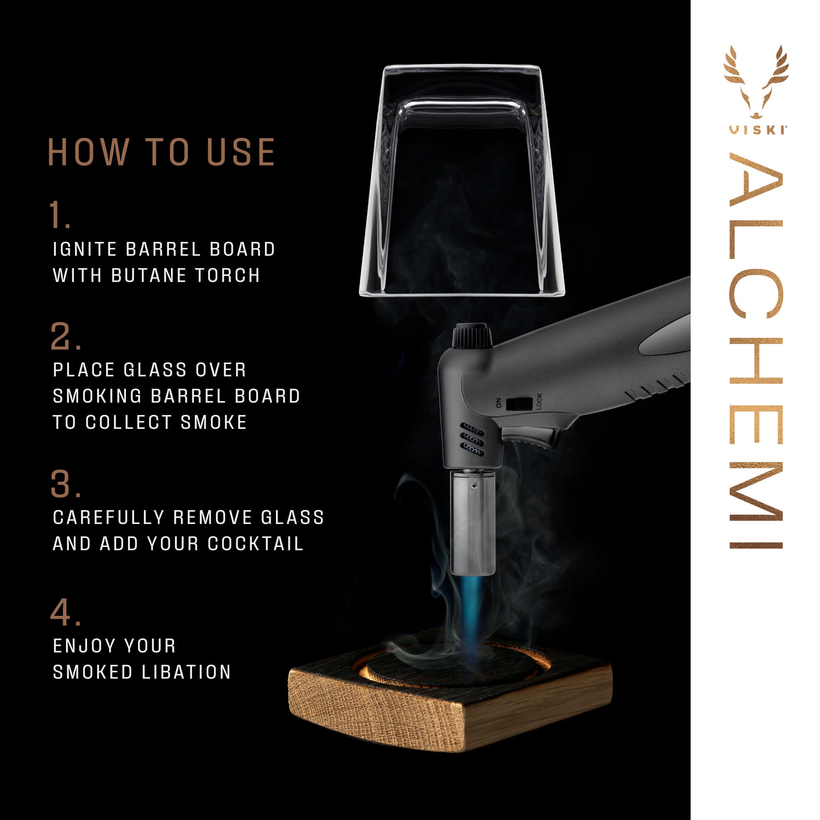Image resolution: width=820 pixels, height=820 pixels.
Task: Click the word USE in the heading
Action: [241, 152]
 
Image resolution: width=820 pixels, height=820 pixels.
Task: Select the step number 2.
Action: [64, 337]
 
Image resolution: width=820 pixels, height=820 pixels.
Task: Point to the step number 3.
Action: [64, 484]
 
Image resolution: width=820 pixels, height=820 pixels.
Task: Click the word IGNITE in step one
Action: [85, 250]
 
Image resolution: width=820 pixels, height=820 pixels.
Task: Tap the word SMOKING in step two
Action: [97, 396]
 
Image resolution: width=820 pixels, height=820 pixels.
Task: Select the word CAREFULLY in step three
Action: [108, 518]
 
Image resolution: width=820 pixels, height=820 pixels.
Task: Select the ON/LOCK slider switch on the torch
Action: [519, 403]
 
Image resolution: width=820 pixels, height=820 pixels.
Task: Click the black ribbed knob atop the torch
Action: [471, 337]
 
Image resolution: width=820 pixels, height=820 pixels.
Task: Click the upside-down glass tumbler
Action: [462, 180]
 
